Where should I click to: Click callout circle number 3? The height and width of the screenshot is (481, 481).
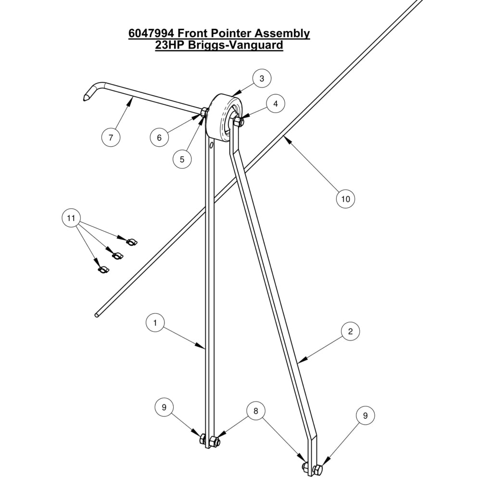[x=261, y=78]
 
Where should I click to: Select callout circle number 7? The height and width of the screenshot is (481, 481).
[x=111, y=138]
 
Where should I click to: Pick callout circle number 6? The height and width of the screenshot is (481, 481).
[x=159, y=137]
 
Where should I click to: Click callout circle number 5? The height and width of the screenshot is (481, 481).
[x=182, y=159]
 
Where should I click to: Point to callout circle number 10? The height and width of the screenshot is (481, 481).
[x=345, y=198]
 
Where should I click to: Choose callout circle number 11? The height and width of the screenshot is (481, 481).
[x=71, y=219]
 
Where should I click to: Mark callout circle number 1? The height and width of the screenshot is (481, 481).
[x=155, y=323]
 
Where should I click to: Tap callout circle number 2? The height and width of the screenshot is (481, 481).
[x=350, y=331]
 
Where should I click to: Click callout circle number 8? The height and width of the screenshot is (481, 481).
[x=256, y=411]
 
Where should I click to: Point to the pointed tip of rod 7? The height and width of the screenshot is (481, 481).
[x=85, y=99]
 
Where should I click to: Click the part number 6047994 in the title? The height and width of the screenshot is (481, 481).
[x=152, y=34]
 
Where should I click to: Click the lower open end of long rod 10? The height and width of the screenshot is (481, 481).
[x=97, y=315]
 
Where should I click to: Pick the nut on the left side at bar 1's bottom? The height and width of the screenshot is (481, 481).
[x=203, y=439]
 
